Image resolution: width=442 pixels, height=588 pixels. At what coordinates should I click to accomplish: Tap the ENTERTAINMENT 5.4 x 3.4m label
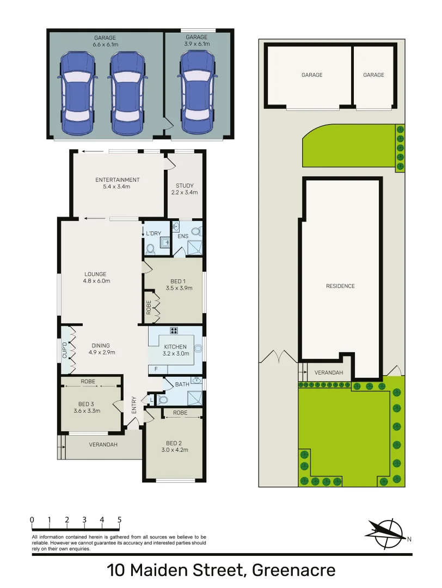click(x=118, y=183)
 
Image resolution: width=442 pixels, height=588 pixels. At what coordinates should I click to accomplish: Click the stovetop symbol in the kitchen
click(x=175, y=330)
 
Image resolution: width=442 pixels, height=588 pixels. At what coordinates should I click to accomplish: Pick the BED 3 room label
click(x=87, y=407)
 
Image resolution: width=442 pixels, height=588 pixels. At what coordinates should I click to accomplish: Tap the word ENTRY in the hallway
click(x=134, y=406)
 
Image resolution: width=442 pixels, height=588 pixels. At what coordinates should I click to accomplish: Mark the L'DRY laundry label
click(x=154, y=234)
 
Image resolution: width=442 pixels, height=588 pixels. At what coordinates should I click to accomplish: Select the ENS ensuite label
click(x=183, y=236)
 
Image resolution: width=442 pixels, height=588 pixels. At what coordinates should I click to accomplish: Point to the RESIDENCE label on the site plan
click(x=340, y=286)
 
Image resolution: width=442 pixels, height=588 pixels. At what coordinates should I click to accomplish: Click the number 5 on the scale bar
click(x=119, y=520)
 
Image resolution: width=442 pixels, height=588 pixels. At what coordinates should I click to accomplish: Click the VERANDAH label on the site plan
click(x=329, y=372)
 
